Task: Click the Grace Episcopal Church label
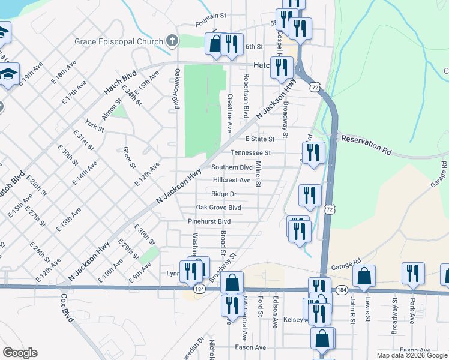point(119,41)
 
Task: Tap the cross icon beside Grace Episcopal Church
point(172,41)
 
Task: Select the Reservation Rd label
point(366,146)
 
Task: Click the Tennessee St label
point(252,153)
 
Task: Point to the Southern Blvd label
point(231,167)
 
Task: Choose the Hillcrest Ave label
point(232,180)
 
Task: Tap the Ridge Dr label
point(224,194)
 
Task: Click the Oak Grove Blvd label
point(218,208)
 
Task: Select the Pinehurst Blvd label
point(209,221)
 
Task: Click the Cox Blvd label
point(66,308)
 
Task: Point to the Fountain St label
point(210,24)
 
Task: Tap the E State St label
point(260,139)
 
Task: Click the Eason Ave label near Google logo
point(251,347)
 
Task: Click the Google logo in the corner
point(20,353)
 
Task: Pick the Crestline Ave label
point(229,113)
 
